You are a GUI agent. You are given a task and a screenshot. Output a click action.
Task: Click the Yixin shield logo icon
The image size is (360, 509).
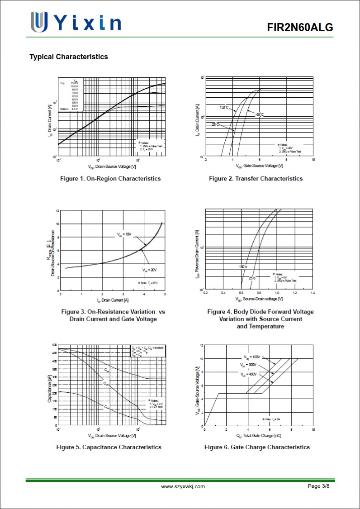pyautogui.click(x=39, y=22)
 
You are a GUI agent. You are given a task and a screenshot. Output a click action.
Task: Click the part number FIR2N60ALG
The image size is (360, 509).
pyautogui.click(x=300, y=28)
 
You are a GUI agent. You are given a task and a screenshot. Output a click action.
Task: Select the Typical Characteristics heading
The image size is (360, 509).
pyautogui.click(x=69, y=57)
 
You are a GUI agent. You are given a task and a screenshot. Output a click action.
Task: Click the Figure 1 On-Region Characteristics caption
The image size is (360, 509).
pyautogui.click(x=110, y=179)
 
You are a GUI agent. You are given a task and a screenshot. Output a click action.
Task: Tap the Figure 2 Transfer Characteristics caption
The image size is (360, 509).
pyautogui.click(x=256, y=179)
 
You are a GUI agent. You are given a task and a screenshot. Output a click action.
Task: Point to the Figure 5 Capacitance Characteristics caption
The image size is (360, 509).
pyautogui.click(x=109, y=447)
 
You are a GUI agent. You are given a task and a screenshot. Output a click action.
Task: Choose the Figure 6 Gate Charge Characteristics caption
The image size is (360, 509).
pyautogui.click(x=257, y=447)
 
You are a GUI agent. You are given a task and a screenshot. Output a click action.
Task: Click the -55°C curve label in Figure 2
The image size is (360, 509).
pyautogui.click(x=259, y=114)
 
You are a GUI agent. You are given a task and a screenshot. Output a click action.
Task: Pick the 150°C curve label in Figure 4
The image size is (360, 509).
pyautogui.click(x=243, y=267)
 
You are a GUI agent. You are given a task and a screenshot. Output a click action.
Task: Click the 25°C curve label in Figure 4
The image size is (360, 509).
pyautogui.click(x=251, y=278)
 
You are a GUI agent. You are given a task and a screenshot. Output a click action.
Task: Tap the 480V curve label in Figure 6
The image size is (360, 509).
pyautogui.click(x=249, y=374)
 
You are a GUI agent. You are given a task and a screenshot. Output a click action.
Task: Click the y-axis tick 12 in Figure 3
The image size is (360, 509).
pyautogui.click(x=57, y=211)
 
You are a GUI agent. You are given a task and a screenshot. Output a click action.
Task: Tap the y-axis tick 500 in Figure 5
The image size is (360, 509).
pyautogui.click(x=54, y=345)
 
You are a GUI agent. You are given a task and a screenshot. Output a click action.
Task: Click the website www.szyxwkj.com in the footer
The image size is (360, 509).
pyautogui.click(x=183, y=486)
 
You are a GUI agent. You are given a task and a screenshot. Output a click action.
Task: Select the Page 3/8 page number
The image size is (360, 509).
pyautogui.click(x=319, y=486)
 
